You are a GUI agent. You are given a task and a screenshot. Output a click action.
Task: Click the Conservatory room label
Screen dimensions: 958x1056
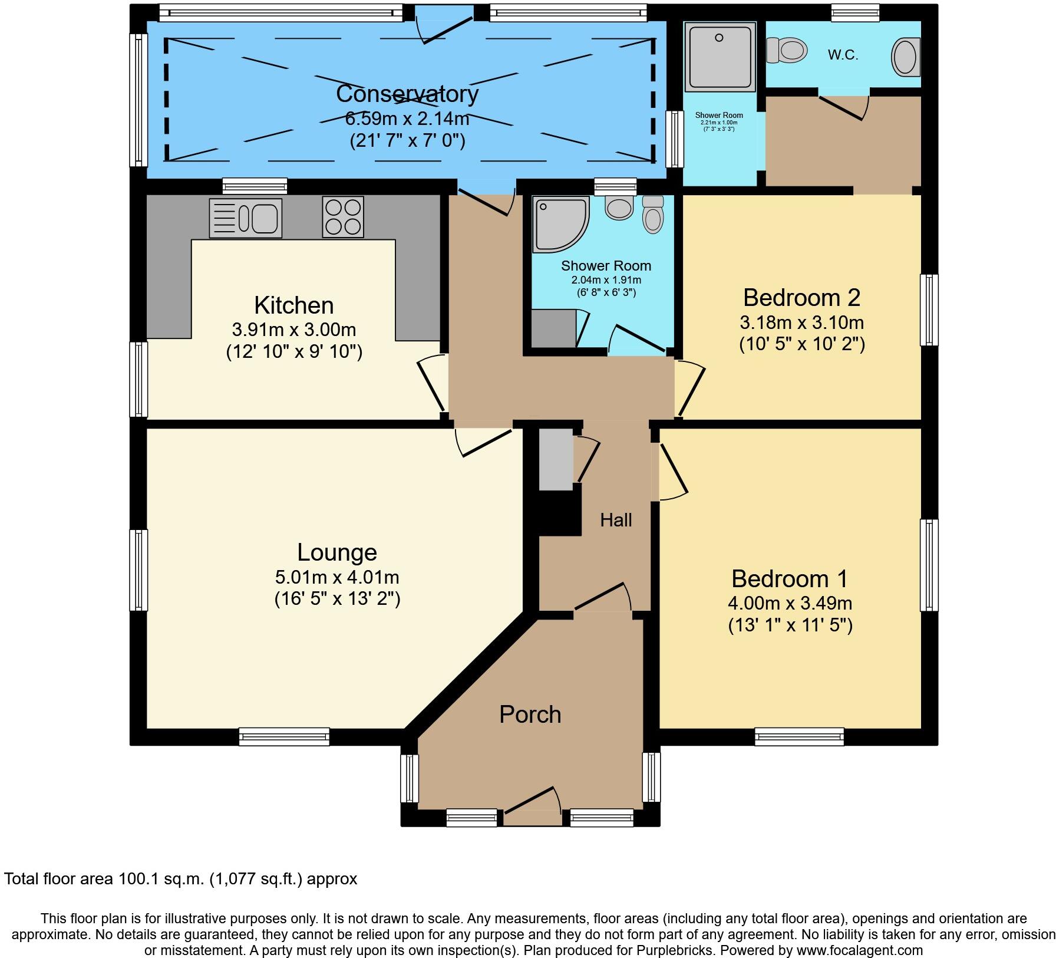[x=407, y=94]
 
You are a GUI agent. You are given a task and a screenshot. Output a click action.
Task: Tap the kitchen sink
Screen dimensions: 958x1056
[x=246, y=218]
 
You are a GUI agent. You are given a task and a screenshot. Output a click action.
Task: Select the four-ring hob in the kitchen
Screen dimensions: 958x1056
[x=343, y=217]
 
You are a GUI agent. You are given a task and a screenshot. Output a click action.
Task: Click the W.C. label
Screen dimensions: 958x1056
[x=843, y=55]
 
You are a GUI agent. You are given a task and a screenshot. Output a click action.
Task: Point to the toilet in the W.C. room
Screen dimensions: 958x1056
[x=787, y=51]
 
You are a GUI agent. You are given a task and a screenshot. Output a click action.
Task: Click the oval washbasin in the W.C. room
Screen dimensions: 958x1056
[x=906, y=57]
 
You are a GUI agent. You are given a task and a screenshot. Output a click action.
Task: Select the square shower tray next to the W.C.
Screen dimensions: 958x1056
[x=719, y=57]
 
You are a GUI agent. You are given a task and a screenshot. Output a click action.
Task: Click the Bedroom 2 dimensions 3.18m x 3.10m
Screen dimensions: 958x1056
[x=801, y=322]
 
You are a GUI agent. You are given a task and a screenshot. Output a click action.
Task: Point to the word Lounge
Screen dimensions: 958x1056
[x=336, y=552]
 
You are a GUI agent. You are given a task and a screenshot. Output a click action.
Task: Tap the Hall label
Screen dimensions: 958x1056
[x=616, y=520]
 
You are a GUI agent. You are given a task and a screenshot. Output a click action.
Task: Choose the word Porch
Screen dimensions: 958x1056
[x=530, y=715]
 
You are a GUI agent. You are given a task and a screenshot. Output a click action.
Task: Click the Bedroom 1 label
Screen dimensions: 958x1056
[x=789, y=579]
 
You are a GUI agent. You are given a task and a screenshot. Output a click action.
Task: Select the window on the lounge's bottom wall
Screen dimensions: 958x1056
[x=284, y=736]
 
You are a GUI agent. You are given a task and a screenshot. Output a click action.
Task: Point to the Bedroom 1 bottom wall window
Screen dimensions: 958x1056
[x=799, y=736]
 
